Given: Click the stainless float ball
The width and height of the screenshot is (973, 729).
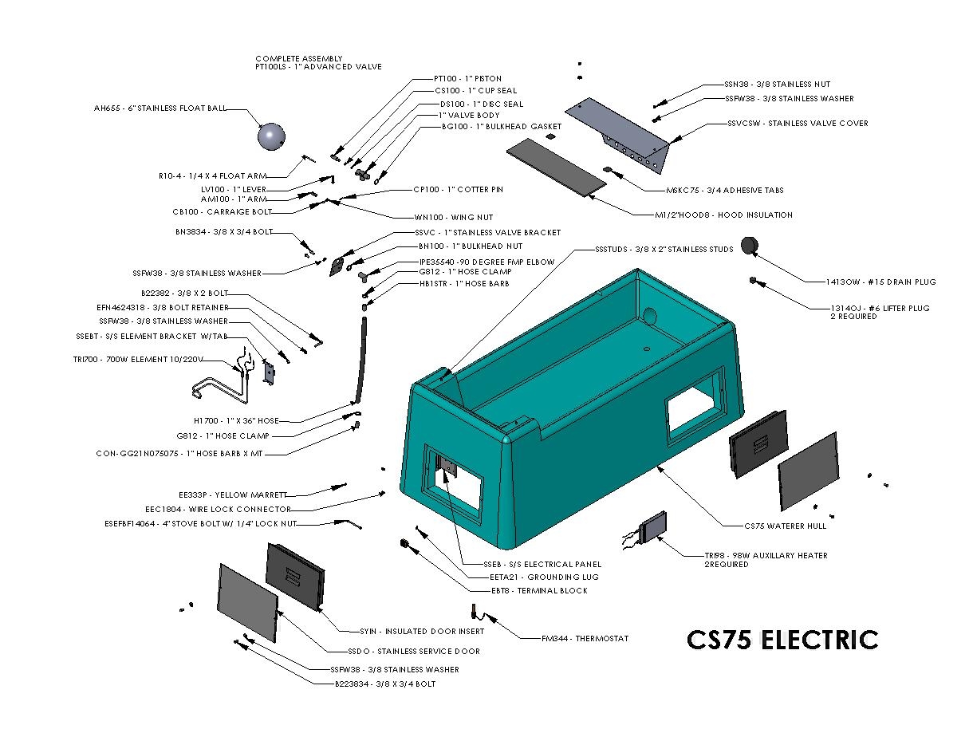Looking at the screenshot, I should click(271, 137).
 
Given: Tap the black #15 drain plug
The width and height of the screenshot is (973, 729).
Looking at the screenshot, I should click(749, 246).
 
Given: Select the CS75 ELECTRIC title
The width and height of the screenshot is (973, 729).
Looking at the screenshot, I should click(782, 640).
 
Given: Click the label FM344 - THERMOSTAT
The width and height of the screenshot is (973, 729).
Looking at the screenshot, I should click(585, 638).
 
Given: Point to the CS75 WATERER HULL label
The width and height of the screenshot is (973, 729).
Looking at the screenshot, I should click(785, 526).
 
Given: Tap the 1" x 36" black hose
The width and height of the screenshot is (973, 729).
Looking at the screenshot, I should click(361, 359).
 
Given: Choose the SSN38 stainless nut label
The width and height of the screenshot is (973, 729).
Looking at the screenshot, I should click(766, 84).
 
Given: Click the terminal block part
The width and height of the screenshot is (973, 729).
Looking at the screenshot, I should click(405, 544).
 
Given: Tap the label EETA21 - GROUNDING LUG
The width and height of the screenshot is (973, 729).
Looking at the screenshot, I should click(544, 577).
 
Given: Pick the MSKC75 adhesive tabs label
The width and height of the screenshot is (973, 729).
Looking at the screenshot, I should click(724, 191).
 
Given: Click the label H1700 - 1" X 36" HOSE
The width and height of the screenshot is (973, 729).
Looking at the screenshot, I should click(236, 420).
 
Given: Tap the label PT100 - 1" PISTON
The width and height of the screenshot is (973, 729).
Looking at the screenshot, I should click(467, 79).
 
